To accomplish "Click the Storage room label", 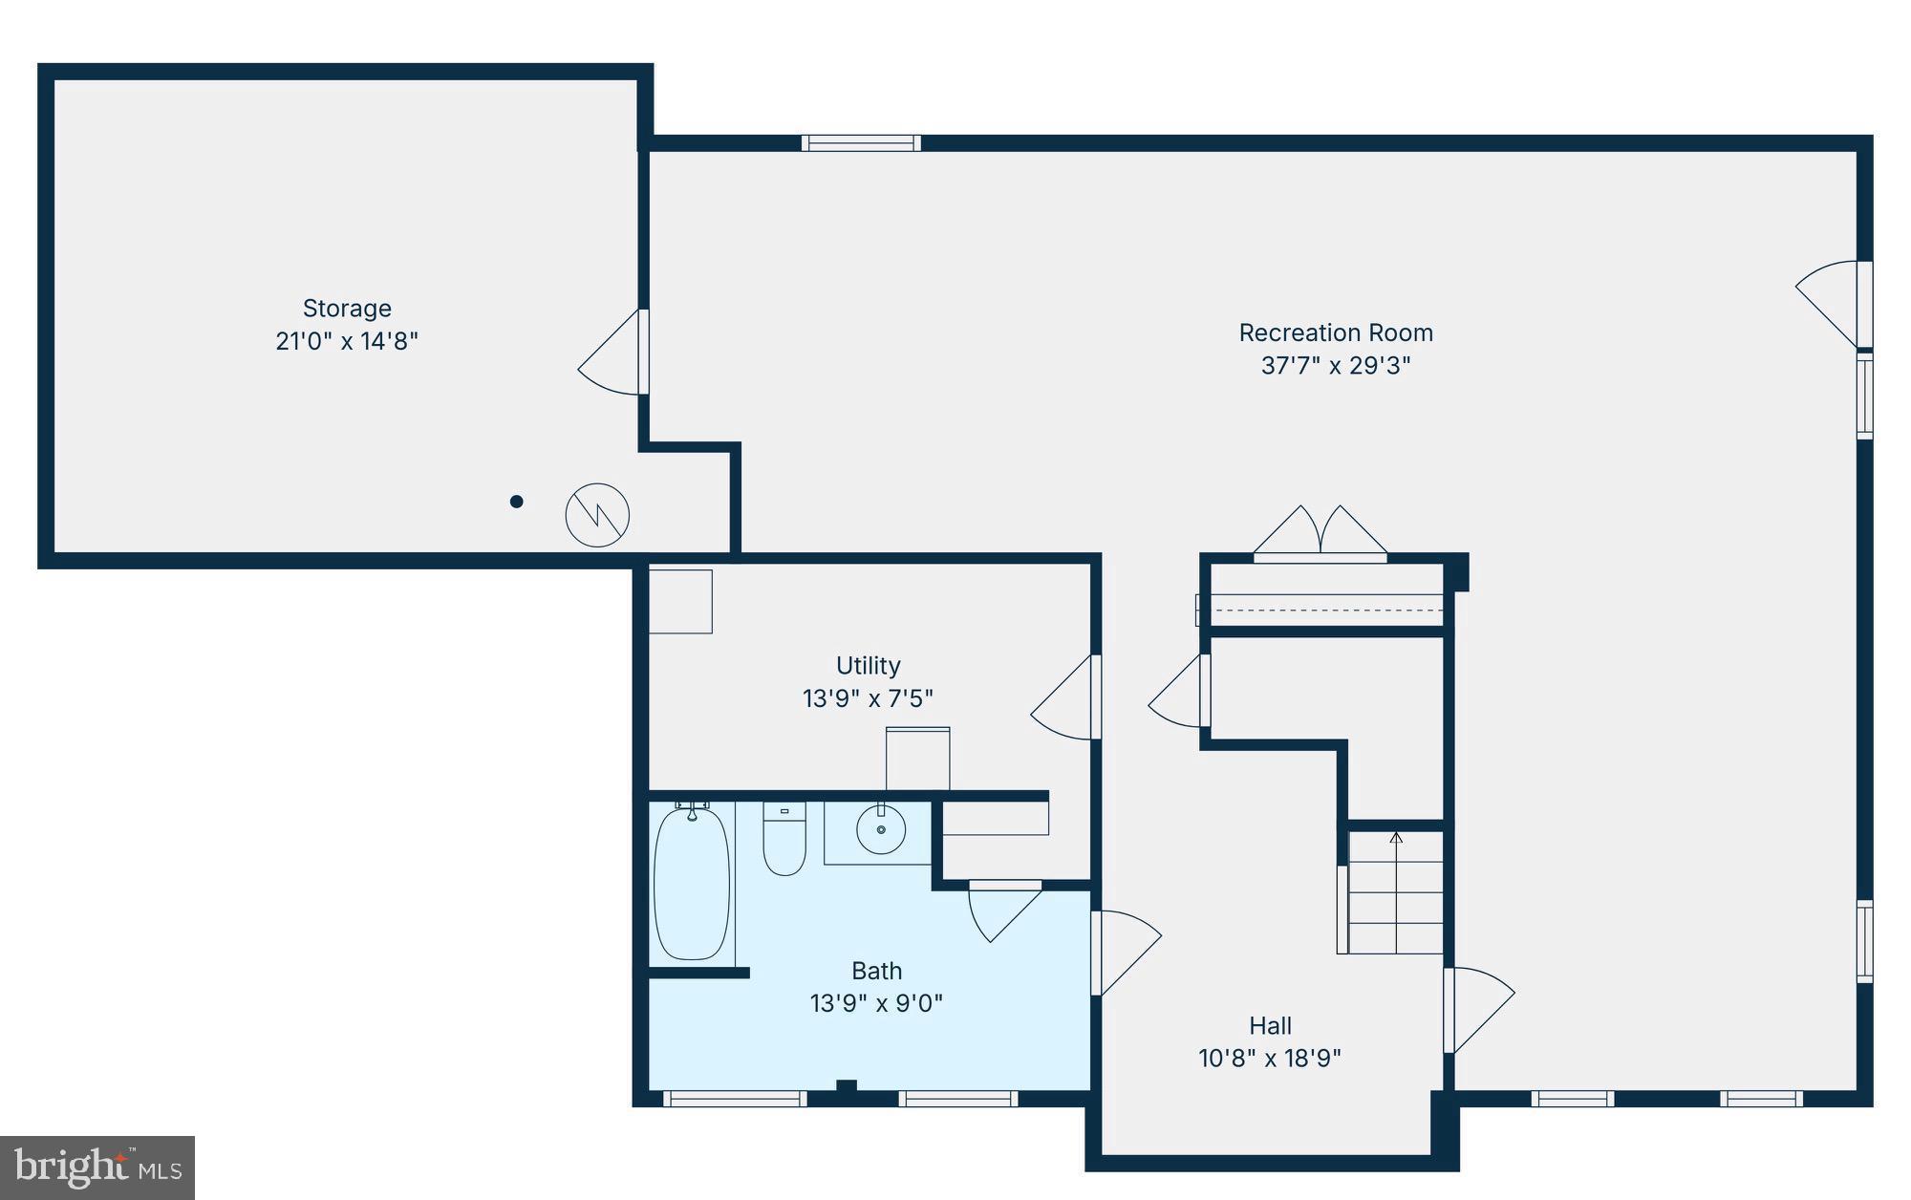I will tap(347, 309).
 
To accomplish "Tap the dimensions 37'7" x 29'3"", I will tap(1335, 366).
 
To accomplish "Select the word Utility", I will tap(868, 665).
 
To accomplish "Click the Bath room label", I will tap(876, 971).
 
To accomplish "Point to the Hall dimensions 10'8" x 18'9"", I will tap(1270, 1059).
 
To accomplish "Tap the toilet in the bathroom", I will tap(784, 841).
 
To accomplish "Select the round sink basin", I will tap(880, 829).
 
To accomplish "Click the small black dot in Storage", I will tap(516, 502).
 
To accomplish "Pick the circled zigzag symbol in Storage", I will tap(597, 515).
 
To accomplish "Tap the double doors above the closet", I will tap(1320, 533).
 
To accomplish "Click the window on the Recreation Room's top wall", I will tap(861, 143).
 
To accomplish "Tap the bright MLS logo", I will tap(97, 1167).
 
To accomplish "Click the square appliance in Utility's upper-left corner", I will tap(680, 601).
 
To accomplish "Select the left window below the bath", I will tap(735, 1100).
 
